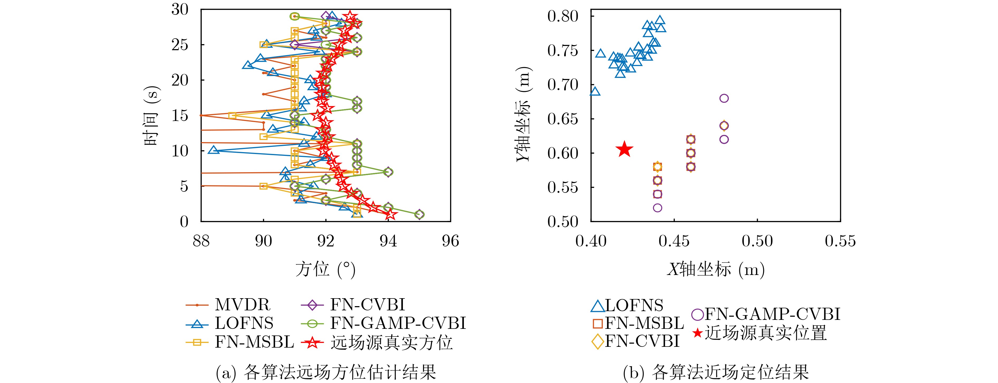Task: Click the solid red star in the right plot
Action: click(624, 149)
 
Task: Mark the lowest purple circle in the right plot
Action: click(657, 208)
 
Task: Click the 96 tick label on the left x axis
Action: click(450, 241)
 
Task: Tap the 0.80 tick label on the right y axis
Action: click(563, 16)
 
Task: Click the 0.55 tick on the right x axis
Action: click(840, 241)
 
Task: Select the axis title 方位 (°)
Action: click(326, 269)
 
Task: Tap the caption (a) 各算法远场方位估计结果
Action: click(326, 372)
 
